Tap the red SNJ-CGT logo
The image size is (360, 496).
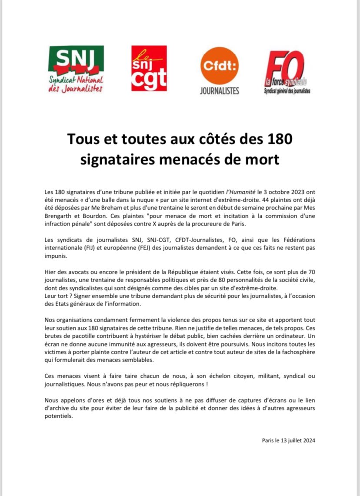(149, 68)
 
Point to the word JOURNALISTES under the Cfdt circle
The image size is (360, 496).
(220, 91)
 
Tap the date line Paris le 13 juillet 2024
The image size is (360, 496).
(288, 440)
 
